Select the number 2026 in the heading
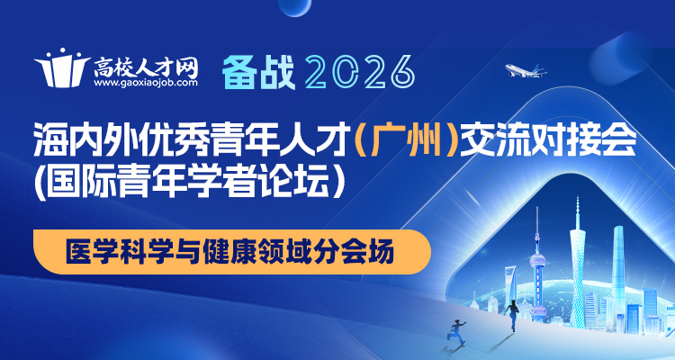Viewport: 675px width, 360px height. coord(359,68)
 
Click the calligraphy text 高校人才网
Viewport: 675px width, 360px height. coord(144,65)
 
